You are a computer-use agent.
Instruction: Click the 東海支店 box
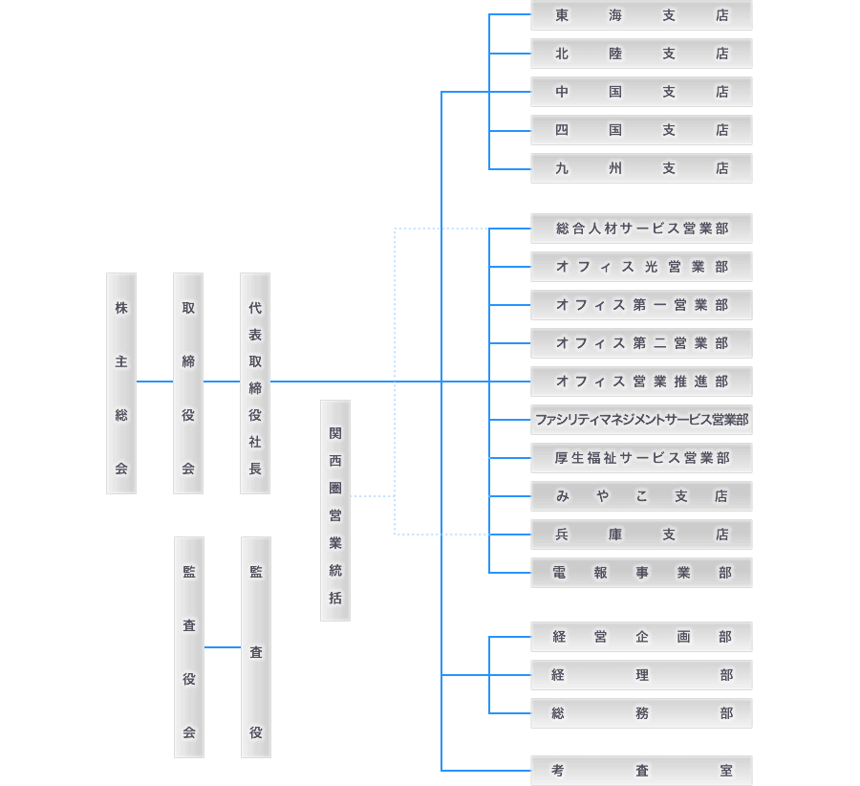pyautogui.click(x=641, y=15)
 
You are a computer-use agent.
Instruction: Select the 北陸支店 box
pyautogui.click(x=641, y=54)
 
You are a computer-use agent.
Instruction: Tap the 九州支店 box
pyautogui.click(x=641, y=168)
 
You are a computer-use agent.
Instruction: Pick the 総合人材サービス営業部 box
pyautogui.click(x=641, y=229)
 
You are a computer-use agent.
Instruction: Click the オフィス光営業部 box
pyautogui.click(x=641, y=267)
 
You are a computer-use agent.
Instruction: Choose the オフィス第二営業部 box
pyautogui.click(x=641, y=343)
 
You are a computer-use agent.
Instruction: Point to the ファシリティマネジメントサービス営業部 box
pyautogui.click(x=641, y=420)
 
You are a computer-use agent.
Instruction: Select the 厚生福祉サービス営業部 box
pyautogui.click(x=641, y=458)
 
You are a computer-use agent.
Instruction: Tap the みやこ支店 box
pyautogui.click(x=641, y=496)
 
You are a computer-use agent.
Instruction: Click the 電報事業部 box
pyautogui.click(x=641, y=573)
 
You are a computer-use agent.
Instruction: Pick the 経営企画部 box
pyautogui.click(x=641, y=637)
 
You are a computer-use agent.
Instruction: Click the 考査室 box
pyautogui.click(x=641, y=771)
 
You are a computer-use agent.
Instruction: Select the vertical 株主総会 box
pyautogui.click(x=121, y=383)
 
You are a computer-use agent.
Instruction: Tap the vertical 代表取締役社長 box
pyautogui.click(x=255, y=383)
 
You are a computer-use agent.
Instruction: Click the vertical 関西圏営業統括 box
pyautogui.click(x=335, y=511)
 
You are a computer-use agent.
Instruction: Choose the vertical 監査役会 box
pyautogui.click(x=189, y=647)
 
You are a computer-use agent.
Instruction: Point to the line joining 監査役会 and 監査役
pyautogui.click(x=223, y=647)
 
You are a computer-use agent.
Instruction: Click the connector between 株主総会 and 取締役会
pyautogui.click(x=155, y=382)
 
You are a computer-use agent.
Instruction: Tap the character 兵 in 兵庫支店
pyautogui.click(x=562, y=535)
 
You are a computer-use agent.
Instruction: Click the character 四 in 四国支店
pyautogui.click(x=562, y=130)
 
